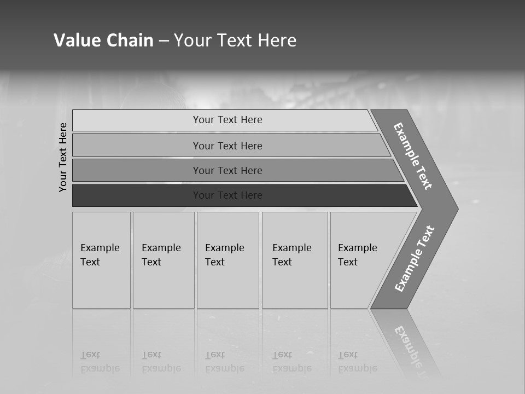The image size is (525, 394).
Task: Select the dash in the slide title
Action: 164,41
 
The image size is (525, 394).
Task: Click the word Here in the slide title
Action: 277,40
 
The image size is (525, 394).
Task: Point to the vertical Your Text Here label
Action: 63,157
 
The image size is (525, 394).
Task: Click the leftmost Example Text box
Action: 101,260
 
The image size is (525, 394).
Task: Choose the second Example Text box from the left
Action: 164,260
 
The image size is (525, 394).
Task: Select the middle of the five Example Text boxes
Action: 227,260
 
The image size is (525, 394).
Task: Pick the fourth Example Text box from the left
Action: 295,260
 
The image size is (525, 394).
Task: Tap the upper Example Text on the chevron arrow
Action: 413,156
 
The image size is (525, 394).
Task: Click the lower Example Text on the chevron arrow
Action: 414,258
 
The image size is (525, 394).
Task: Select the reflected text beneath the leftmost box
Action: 100,362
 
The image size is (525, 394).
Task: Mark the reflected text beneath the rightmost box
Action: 357,362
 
